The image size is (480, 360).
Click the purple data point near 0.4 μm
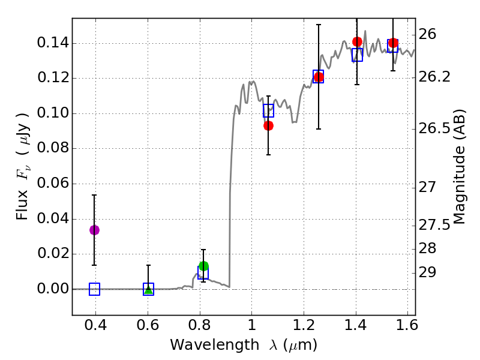94,230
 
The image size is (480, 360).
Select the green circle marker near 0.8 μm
203,266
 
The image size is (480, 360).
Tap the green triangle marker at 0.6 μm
148,290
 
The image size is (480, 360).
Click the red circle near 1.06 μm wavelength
268,125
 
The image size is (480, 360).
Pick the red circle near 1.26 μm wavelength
319,77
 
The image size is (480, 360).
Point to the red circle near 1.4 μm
357,41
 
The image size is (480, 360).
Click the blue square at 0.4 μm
94,289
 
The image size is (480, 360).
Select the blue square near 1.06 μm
268,110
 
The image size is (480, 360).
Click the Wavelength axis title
244,345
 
